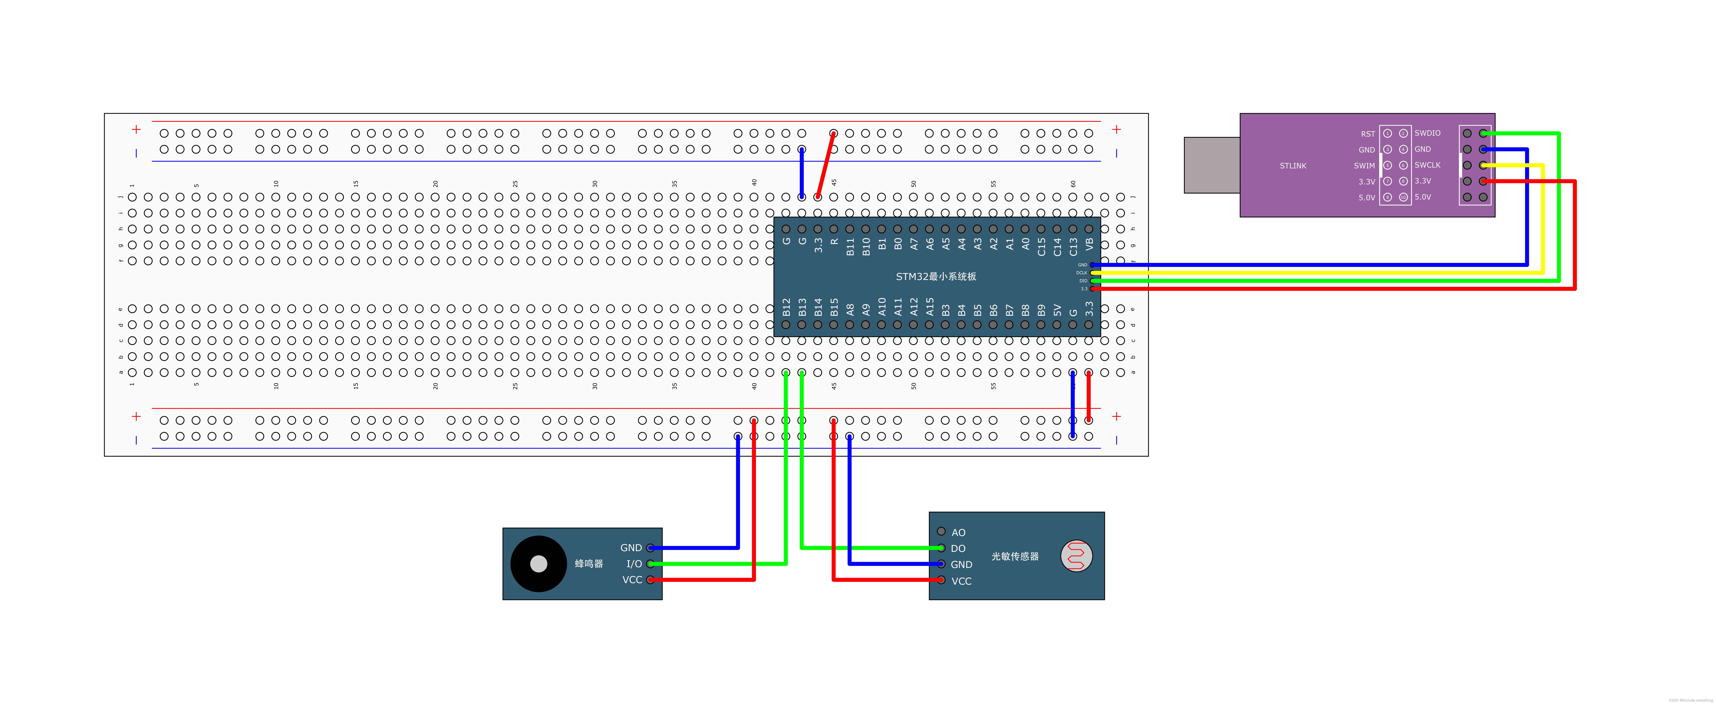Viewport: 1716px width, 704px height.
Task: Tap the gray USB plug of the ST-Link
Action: (1211, 165)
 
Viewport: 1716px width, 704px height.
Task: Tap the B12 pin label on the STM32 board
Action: (786, 307)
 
